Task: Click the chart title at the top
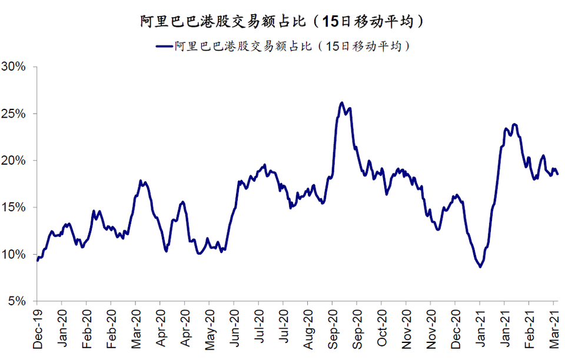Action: tap(282, 22)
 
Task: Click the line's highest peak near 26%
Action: tap(341, 103)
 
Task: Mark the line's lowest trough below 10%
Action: tap(480, 267)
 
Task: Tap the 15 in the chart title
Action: tap(331, 22)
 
